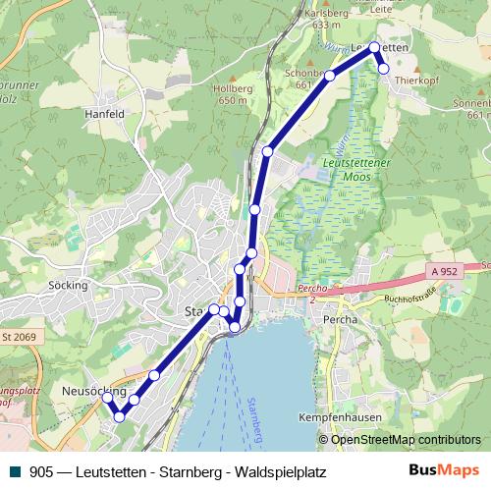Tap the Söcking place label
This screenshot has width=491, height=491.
click(x=69, y=286)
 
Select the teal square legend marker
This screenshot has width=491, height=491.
click(x=13, y=472)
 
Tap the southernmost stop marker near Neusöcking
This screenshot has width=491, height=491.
click(x=119, y=417)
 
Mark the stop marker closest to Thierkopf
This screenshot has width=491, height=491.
click(x=384, y=69)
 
